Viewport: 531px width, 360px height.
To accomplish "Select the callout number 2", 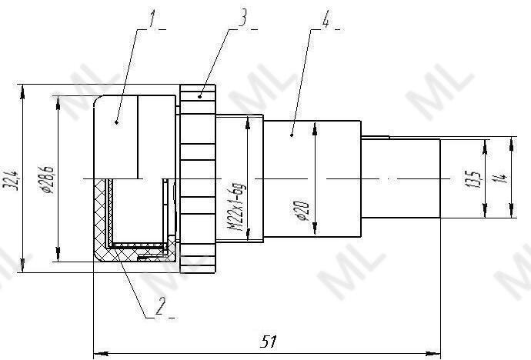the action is click(160, 307).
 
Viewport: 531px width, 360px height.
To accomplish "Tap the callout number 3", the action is click(243, 18).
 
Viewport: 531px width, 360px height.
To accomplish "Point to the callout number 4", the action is click(325, 19).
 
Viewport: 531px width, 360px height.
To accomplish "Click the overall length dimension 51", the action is click(269, 342).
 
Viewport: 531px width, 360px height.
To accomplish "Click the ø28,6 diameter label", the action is click(47, 180).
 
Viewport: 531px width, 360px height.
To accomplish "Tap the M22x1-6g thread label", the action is click(237, 207).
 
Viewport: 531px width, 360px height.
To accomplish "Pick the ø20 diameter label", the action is click(302, 211).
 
